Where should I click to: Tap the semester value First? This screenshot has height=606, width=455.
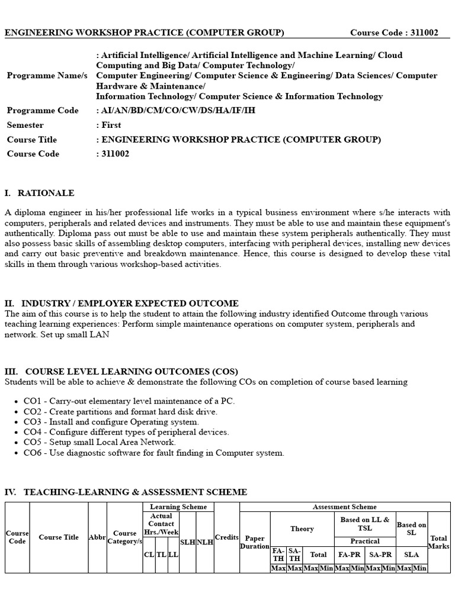click(x=111, y=125)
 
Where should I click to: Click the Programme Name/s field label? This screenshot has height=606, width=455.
click(x=47, y=76)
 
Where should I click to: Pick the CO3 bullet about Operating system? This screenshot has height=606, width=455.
click(x=111, y=422)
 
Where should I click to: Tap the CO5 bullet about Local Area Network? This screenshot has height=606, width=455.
click(x=100, y=442)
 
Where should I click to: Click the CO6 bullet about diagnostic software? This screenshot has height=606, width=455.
click(x=154, y=453)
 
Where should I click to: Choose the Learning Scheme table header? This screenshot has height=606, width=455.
click(x=178, y=507)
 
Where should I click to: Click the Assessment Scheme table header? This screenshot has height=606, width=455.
click(x=345, y=507)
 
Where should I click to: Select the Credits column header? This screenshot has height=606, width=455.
click(x=226, y=537)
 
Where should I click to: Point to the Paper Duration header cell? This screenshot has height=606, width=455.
click(x=255, y=542)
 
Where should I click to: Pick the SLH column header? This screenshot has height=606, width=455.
click(x=188, y=542)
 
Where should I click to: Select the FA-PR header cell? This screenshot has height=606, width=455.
click(x=350, y=555)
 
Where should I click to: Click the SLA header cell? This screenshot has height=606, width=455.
click(x=411, y=555)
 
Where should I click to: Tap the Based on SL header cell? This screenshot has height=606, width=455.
click(x=411, y=528)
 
